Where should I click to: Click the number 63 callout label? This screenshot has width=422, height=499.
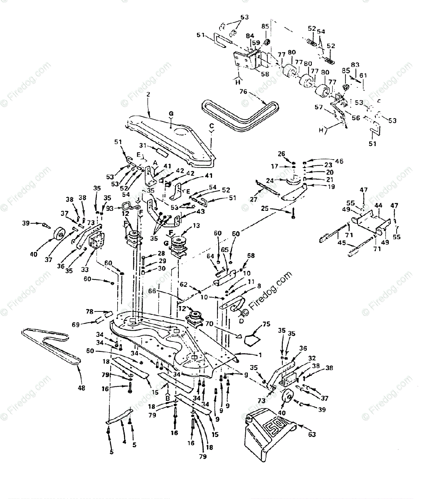(312, 435)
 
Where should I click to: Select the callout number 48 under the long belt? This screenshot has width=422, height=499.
(81, 388)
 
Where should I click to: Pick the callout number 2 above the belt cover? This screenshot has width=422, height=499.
(148, 95)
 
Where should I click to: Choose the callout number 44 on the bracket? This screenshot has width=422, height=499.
(379, 205)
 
